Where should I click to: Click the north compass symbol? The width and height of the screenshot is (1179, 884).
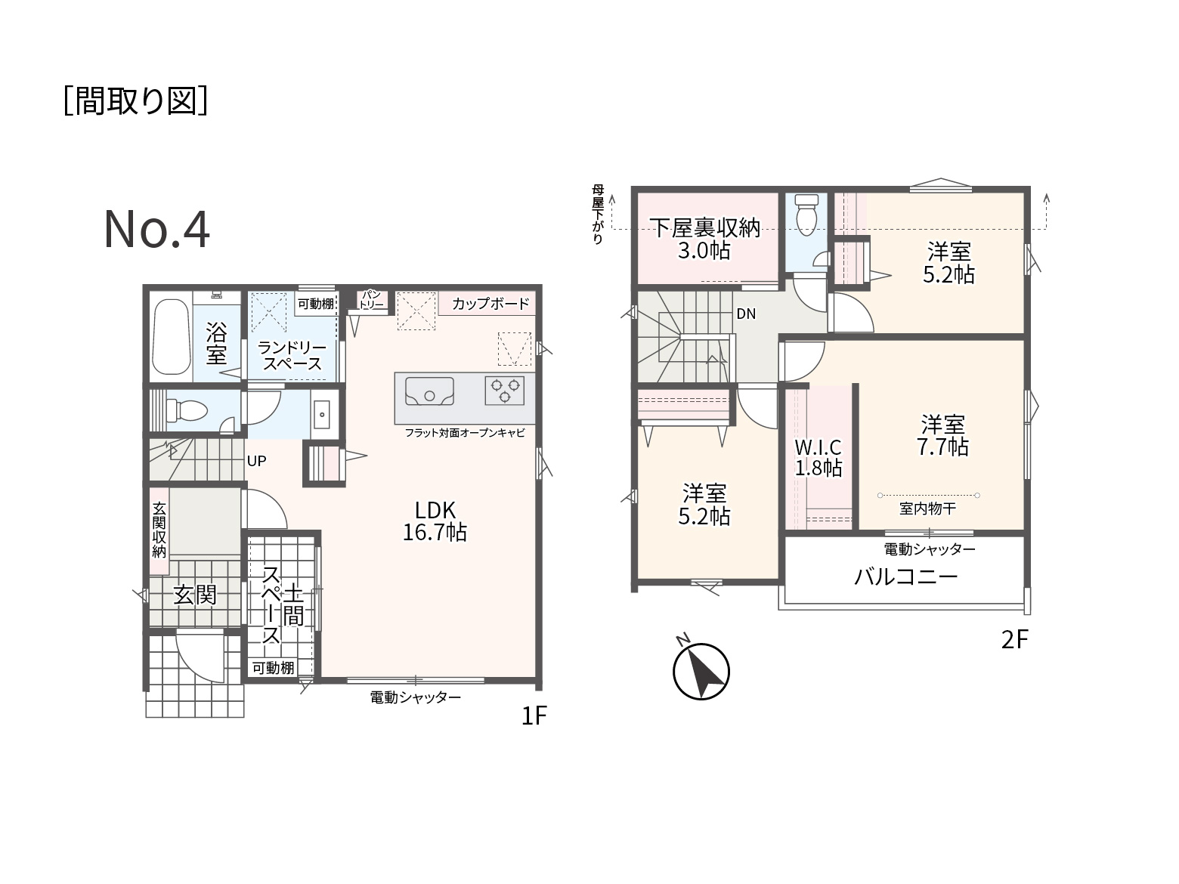click(x=701, y=670)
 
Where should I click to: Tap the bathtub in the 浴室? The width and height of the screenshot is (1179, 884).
click(x=172, y=336)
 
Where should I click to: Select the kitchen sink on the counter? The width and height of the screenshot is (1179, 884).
click(x=429, y=391)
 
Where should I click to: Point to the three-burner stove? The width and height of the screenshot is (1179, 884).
click(x=504, y=391)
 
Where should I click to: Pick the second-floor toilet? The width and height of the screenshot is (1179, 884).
click(x=806, y=215)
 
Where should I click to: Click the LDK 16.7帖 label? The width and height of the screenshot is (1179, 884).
click(x=435, y=521)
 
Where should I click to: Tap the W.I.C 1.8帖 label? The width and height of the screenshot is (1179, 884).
click(x=818, y=457)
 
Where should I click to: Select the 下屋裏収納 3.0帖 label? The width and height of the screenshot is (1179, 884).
click(x=704, y=239)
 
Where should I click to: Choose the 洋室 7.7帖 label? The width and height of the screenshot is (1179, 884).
click(x=942, y=435)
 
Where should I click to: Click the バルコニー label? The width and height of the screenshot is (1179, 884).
click(x=906, y=577)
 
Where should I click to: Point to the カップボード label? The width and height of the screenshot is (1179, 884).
click(x=490, y=304)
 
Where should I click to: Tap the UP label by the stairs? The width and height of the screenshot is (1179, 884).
click(x=257, y=461)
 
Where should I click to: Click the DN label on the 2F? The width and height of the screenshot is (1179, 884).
click(x=746, y=314)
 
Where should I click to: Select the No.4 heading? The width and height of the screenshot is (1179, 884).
click(x=156, y=230)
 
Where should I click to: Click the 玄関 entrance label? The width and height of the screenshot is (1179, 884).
click(x=194, y=595)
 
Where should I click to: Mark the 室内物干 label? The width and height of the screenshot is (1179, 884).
click(x=927, y=508)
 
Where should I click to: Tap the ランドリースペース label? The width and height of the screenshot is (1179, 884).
click(x=292, y=355)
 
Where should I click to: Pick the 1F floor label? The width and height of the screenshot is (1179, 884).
click(x=534, y=715)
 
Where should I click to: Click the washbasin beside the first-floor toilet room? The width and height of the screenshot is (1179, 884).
click(x=321, y=414)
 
